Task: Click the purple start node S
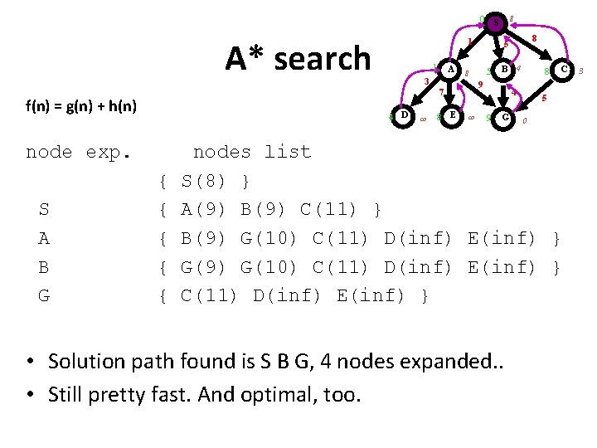pos(495,23)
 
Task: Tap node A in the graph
pos(450,71)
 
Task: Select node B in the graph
pos(504,71)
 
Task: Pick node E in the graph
pos(452,115)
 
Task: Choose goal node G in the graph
pos(505,118)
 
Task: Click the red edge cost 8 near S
pos(535,38)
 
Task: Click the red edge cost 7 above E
pos(441,91)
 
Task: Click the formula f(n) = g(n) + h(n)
pos(80,105)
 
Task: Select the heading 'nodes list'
pos(251,152)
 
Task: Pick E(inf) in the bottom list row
pos(371,296)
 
